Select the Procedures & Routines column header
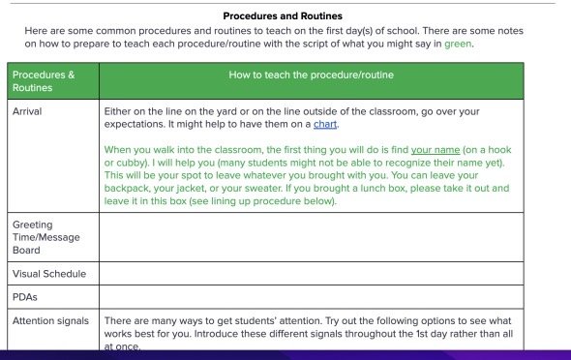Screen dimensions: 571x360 [x=43, y=80]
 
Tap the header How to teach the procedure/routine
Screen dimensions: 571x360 [x=311, y=75]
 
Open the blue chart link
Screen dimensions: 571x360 [x=326, y=125]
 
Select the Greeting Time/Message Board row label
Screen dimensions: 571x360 [x=47, y=237]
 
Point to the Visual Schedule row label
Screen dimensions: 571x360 [x=48, y=274]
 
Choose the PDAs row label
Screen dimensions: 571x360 [x=24, y=297]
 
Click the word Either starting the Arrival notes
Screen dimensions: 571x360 [x=119, y=112]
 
